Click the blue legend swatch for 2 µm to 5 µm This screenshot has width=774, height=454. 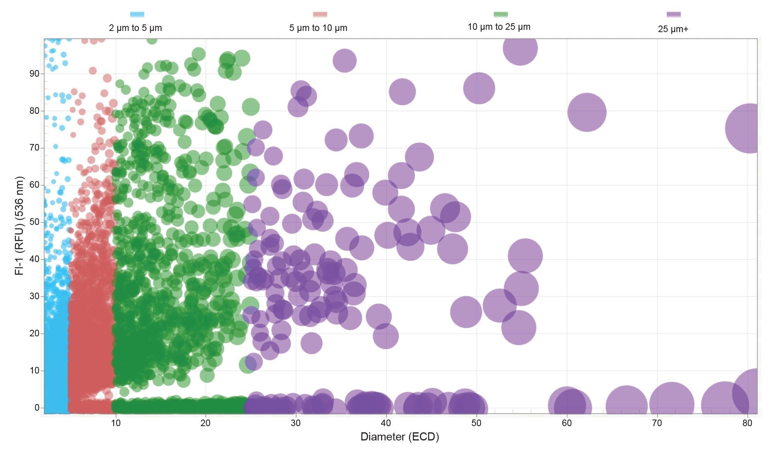[137, 15]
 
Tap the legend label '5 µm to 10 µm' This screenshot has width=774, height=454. [318, 28]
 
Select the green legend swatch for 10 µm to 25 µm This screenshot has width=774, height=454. [500, 15]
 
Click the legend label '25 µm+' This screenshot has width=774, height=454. [673, 29]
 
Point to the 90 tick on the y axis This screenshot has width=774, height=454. [34, 74]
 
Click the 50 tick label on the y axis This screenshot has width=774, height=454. [34, 222]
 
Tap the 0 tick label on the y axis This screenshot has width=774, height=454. [37, 408]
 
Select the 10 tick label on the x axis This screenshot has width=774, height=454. [115, 423]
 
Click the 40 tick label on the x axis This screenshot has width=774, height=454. [386, 423]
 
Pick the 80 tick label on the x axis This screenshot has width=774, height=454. [747, 423]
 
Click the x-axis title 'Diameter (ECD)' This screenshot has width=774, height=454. [399, 437]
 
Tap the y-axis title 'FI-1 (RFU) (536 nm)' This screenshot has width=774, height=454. [19, 226]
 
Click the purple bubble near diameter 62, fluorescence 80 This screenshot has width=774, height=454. [587, 112]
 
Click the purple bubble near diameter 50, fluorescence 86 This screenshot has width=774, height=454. [479, 88]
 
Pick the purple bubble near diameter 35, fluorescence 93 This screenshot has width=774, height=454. [344, 61]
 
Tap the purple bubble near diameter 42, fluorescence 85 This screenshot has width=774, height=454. [402, 92]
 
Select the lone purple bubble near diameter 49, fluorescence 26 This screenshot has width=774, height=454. [466, 312]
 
